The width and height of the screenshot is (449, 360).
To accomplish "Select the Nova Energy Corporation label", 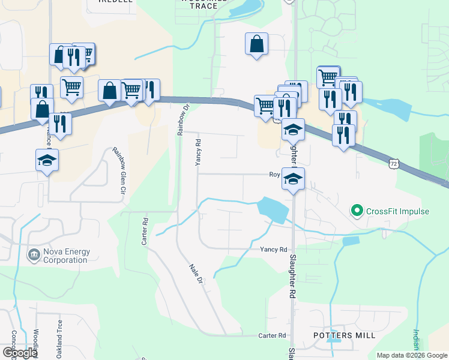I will [66, 256].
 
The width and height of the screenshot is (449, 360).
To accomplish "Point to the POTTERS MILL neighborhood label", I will [345, 335].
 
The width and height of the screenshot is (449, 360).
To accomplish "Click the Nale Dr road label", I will [196, 274].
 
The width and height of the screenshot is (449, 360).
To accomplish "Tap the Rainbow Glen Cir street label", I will [118, 170].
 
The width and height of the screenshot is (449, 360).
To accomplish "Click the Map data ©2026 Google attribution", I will [411, 355].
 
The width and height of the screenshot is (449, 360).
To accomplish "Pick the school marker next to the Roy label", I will [293, 179].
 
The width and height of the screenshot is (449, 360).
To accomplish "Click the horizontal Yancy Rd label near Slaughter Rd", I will [274, 249].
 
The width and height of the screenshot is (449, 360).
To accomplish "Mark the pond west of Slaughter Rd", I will [271, 210].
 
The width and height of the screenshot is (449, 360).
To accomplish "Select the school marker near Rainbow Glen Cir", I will [47, 160].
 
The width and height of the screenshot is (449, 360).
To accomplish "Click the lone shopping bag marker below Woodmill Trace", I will [256, 44].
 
